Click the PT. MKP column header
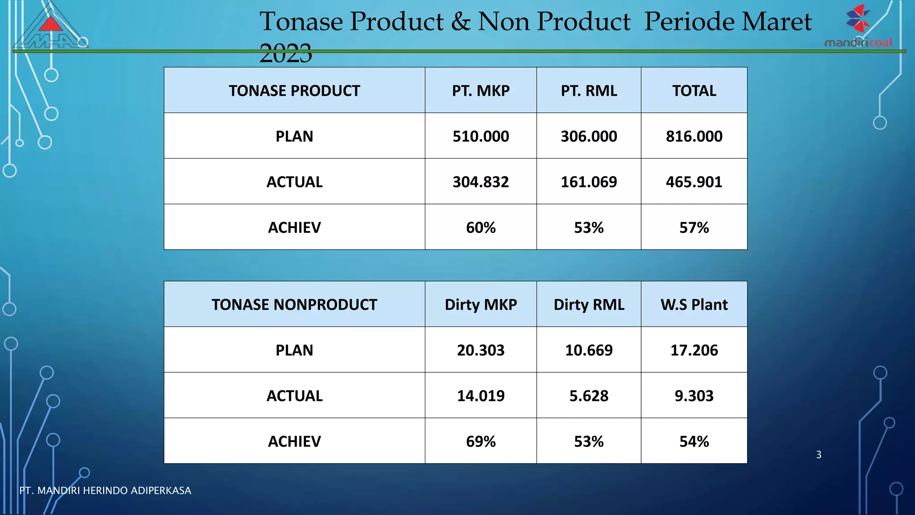pyautogui.click(x=481, y=91)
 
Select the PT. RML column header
pyautogui.click(x=589, y=91)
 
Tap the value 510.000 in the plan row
pyautogui.click(x=481, y=136)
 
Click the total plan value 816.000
pyautogui.click(x=694, y=136)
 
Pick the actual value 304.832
pyautogui.click(x=481, y=182)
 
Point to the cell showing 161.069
pyautogui.click(x=589, y=182)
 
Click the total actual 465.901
pyautogui.click(x=694, y=182)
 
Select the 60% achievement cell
pyautogui.click(x=481, y=228)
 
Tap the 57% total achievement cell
pyautogui.click(x=694, y=228)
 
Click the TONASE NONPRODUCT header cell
pyautogui.click(x=294, y=304)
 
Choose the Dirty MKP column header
pyautogui.click(x=481, y=304)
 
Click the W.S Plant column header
pyautogui.click(x=694, y=304)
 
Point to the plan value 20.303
pyautogui.click(x=481, y=350)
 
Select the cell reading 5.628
pyautogui.click(x=589, y=396)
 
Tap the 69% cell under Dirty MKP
pyautogui.click(x=481, y=441)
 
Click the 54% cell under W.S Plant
pyautogui.click(x=694, y=441)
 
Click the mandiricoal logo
pyautogui.click(x=858, y=27)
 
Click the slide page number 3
pyautogui.click(x=818, y=455)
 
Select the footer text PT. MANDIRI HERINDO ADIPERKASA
pyautogui.click(x=105, y=490)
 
